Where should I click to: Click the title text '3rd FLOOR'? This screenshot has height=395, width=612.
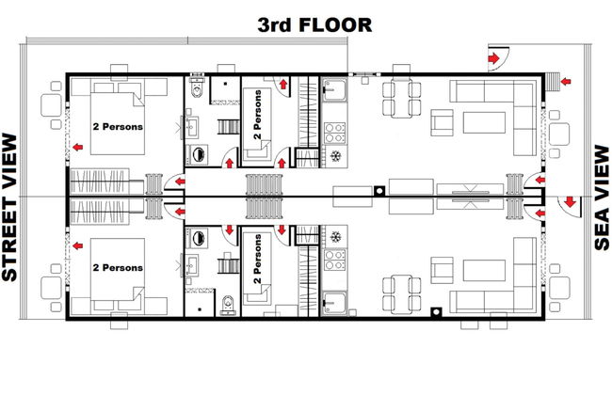pos(315,24)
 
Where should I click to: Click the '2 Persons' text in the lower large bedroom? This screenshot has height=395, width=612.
pos(118,268)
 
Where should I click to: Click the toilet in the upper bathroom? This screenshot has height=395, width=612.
pos(195,87)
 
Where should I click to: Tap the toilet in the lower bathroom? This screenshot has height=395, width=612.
pos(230,304)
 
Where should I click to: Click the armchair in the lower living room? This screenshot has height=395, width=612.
pos(442,271)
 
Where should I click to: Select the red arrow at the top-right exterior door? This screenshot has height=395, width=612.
pos(491,59)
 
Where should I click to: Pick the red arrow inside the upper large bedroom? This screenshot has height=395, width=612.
pos(83,148)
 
